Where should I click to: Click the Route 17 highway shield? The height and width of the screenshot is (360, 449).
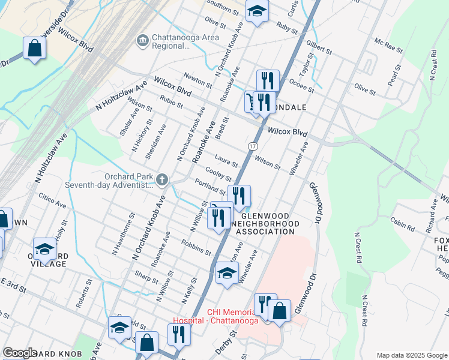(254, 146)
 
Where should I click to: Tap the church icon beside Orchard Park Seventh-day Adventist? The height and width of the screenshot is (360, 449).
(161, 179)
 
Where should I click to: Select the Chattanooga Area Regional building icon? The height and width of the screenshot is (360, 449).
(142, 41)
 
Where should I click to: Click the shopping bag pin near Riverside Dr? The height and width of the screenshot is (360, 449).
(35, 49)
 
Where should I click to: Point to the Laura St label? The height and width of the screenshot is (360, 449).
(227, 161)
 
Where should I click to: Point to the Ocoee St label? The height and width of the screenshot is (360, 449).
(302, 85)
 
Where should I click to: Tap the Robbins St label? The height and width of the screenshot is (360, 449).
(196, 247)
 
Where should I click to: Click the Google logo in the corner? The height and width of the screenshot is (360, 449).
(20, 353)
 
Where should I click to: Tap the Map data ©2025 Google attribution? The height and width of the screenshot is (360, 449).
(411, 355)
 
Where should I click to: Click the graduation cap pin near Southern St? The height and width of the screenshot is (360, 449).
(257, 11)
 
